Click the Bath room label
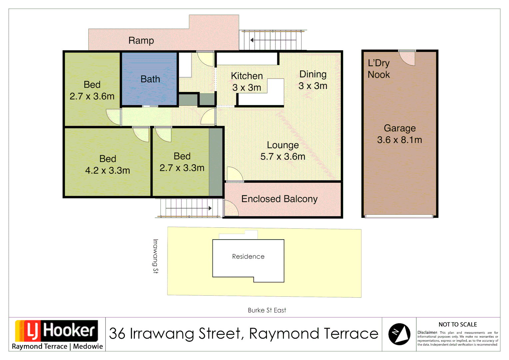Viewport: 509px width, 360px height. tap(150, 79)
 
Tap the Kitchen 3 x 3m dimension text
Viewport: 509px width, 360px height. tap(247, 88)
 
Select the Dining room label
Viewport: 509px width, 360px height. tap(313, 74)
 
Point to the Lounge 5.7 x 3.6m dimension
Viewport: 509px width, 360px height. tap(282, 157)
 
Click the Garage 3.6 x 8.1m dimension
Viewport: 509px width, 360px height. tap(399, 140)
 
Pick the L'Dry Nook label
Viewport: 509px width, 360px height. tap(379, 69)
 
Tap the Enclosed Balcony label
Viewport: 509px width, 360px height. tap(279, 199)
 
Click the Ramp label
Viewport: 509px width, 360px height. tap(141, 41)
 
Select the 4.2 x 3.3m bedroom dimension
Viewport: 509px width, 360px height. tap(108, 171)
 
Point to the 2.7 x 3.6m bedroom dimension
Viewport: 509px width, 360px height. tap(92, 96)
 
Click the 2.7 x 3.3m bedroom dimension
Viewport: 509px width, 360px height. tap(182, 168)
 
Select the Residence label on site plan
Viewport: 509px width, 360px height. tap(248, 257)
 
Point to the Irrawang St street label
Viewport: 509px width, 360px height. tap(155, 256)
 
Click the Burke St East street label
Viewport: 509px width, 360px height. tap(267, 310)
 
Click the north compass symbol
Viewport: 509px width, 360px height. tap(399, 334)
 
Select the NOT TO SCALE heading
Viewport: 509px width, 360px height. tap(457, 325)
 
